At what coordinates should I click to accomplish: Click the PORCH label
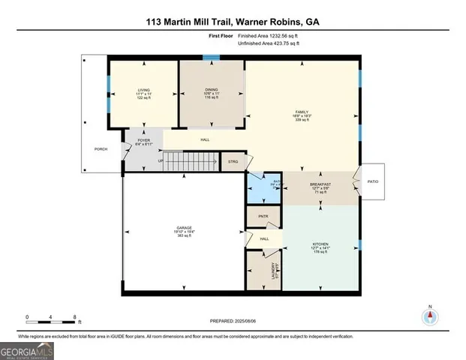pos(101,149)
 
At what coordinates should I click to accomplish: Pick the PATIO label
pos(373,181)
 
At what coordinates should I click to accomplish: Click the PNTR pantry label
pos(263,216)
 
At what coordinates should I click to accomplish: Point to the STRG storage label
pos(233,160)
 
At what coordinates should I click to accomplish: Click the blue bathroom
pos(263,190)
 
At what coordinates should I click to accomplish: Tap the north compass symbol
pos(430,314)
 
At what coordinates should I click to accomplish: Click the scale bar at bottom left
pos(51,319)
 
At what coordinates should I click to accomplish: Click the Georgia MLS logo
pos(27,350)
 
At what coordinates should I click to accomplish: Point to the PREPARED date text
pos(232,320)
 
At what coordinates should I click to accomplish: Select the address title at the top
pos(233,23)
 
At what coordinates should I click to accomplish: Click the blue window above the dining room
pos(212,58)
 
